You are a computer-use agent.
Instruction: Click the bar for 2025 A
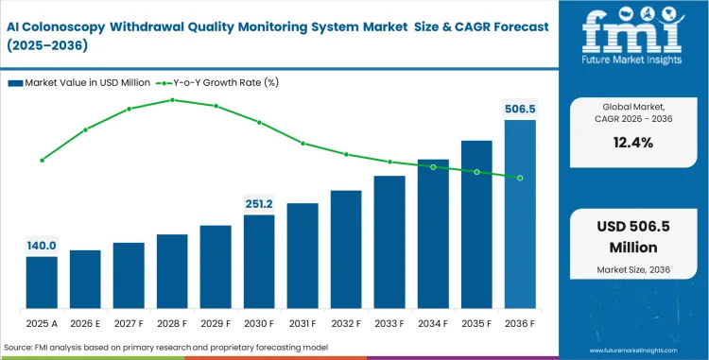42,283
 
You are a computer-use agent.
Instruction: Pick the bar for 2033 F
389,242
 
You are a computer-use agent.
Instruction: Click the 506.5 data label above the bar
520,110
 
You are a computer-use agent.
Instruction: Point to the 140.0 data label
42,246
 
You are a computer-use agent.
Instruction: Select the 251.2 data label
259,203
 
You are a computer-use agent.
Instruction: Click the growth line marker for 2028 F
172,99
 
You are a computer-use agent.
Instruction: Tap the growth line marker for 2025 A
42,161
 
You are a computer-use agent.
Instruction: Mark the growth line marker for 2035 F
476,172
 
